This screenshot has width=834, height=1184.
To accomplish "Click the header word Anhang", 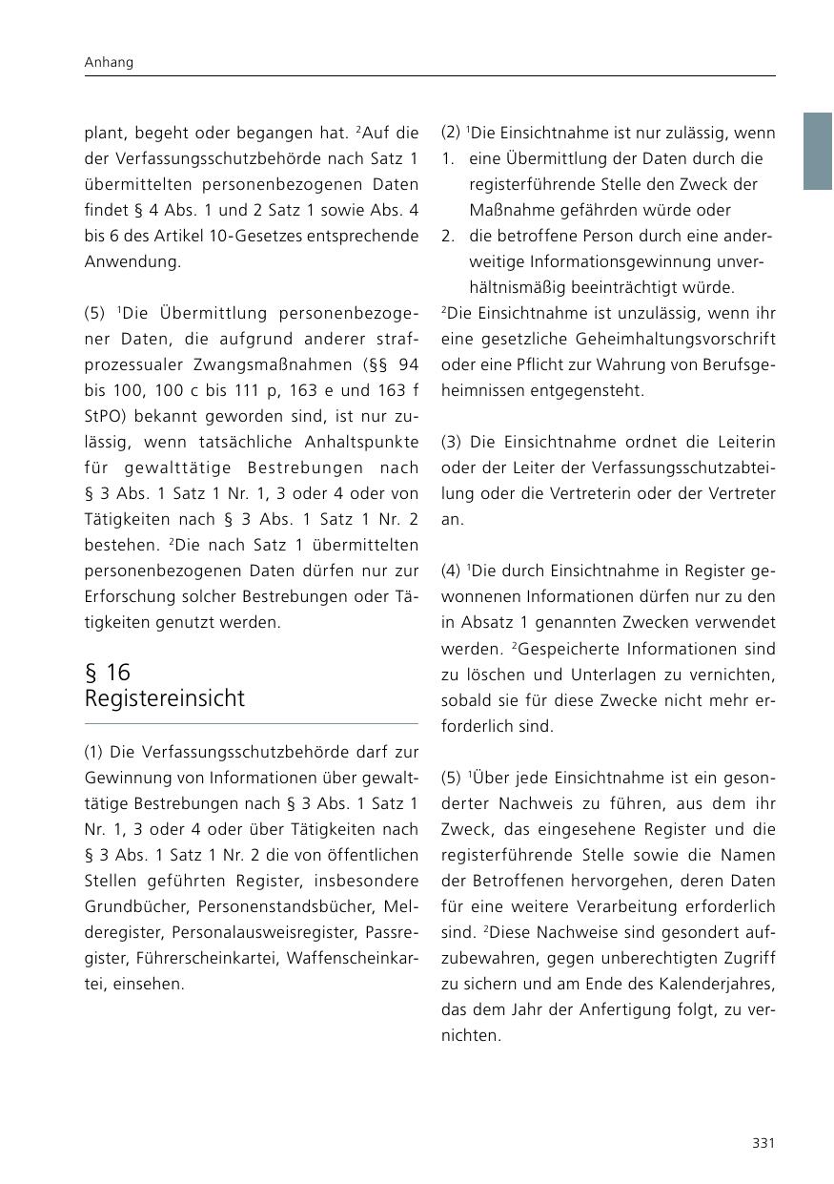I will (x=109, y=62).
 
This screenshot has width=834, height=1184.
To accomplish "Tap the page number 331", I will (x=763, y=1143).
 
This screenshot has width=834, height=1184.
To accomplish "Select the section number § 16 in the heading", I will (x=108, y=672).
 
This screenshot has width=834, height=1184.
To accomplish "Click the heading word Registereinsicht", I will (x=164, y=698).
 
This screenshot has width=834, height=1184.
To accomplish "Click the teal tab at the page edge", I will (x=817, y=151).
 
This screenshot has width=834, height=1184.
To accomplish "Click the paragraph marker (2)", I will (x=452, y=133).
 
